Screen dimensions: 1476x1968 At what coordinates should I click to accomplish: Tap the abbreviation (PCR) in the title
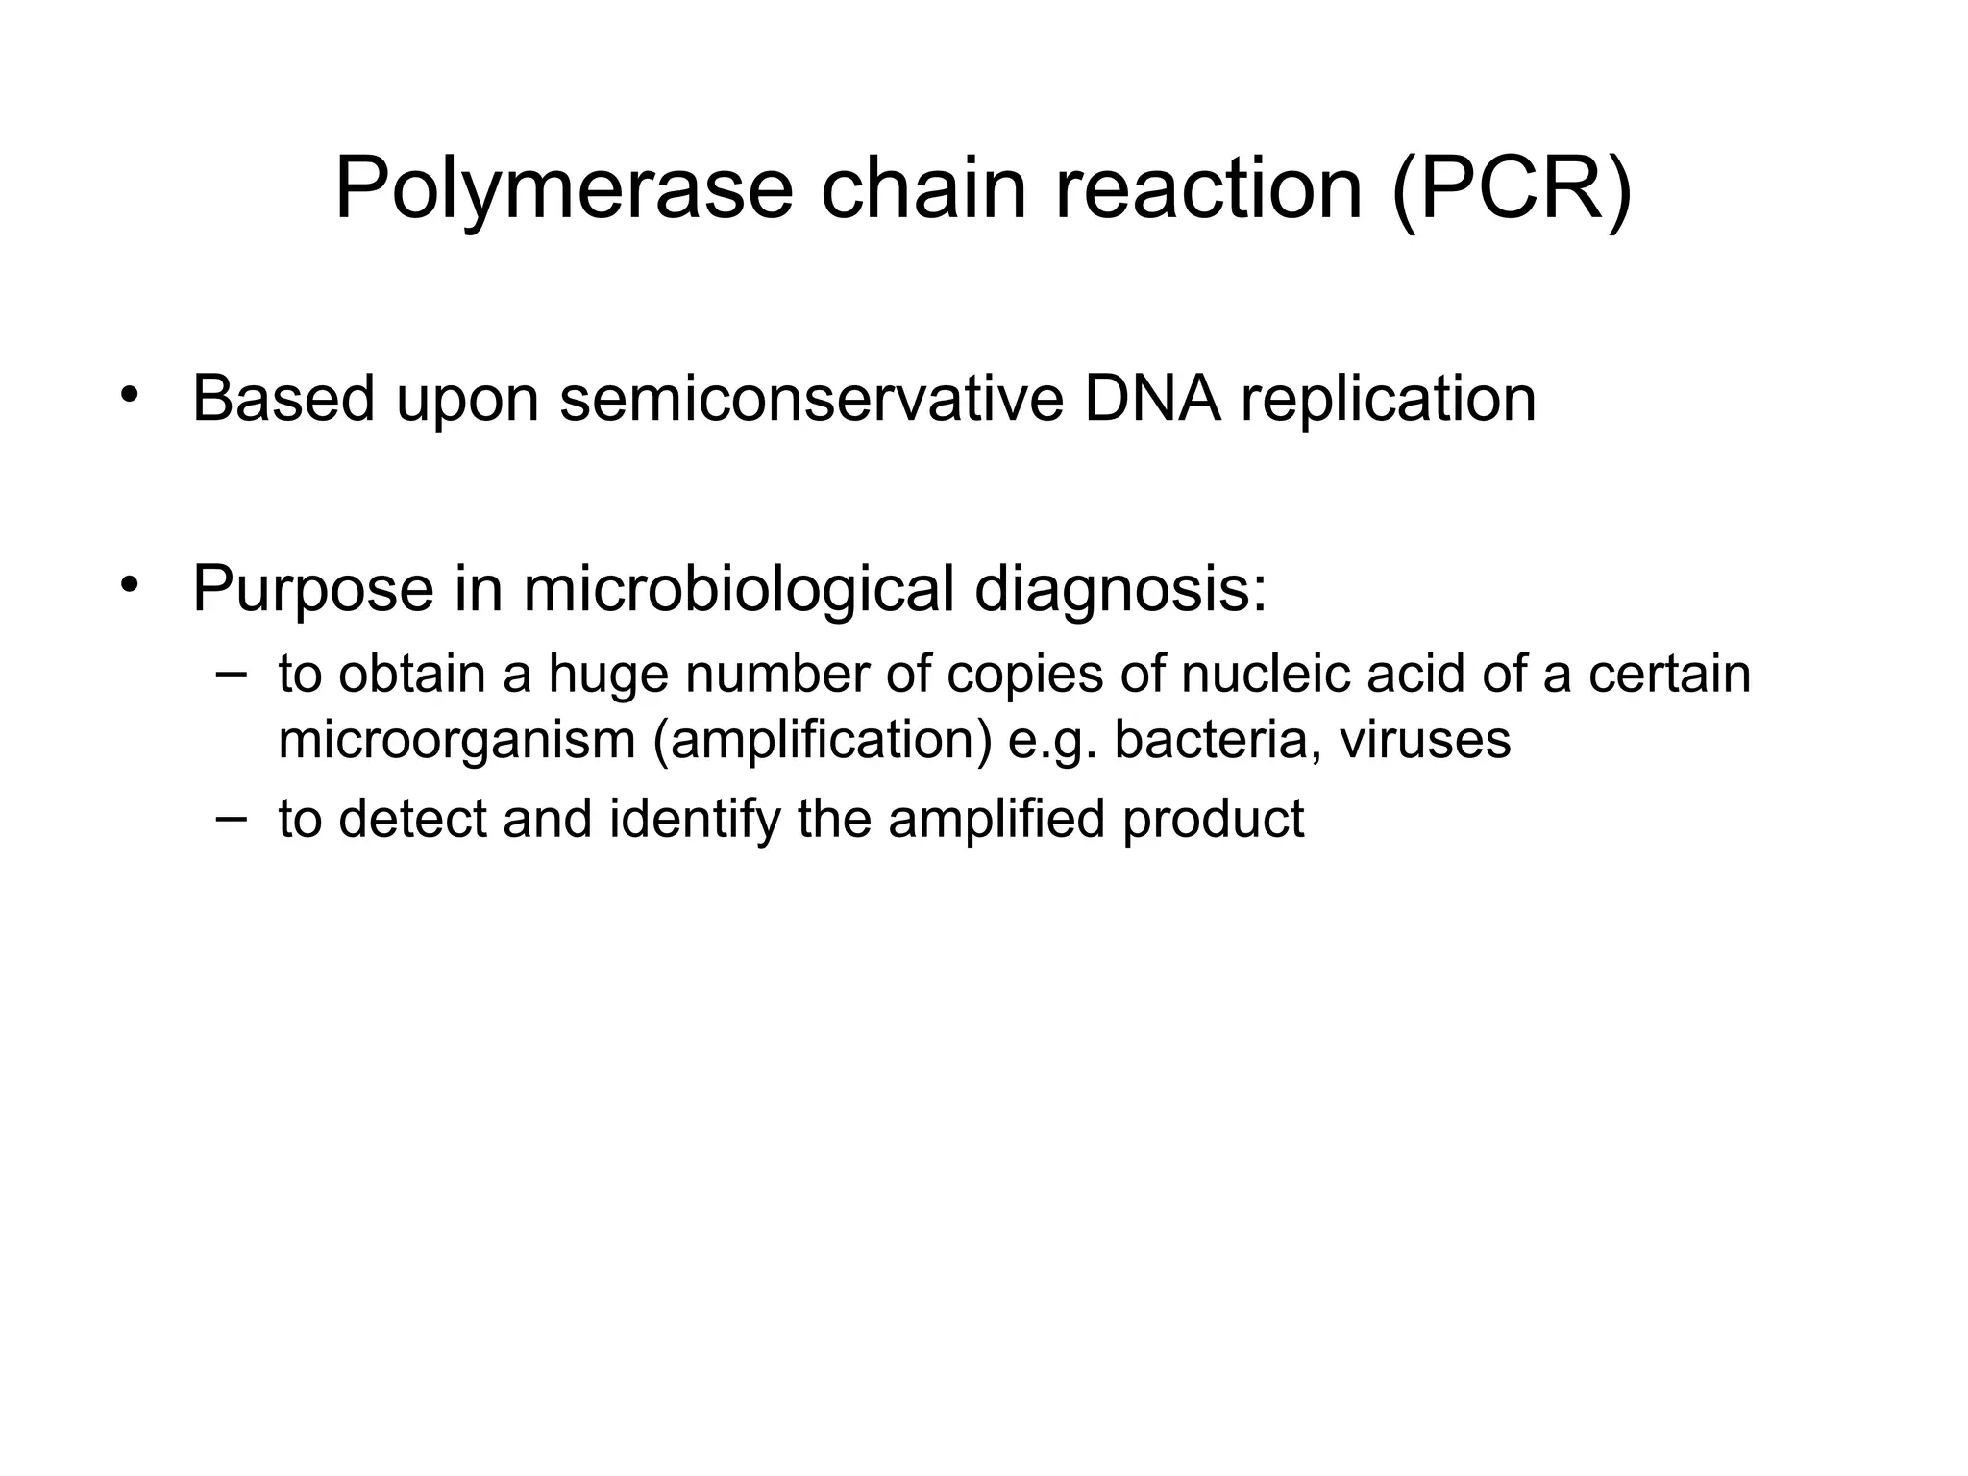(x=1512, y=189)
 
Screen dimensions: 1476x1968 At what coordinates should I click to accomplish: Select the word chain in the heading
(x=922, y=189)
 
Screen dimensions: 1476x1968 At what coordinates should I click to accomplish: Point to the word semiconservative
(x=811, y=399)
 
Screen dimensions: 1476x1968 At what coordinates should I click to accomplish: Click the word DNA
(x=1151, y=399)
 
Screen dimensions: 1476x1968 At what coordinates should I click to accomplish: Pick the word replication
(x=1388, y=399)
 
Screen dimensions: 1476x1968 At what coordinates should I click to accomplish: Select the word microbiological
(x=738, y=589)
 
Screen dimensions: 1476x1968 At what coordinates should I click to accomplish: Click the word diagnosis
(x=1119, y=589)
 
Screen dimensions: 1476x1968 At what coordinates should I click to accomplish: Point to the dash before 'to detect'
(x=231, y=817)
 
